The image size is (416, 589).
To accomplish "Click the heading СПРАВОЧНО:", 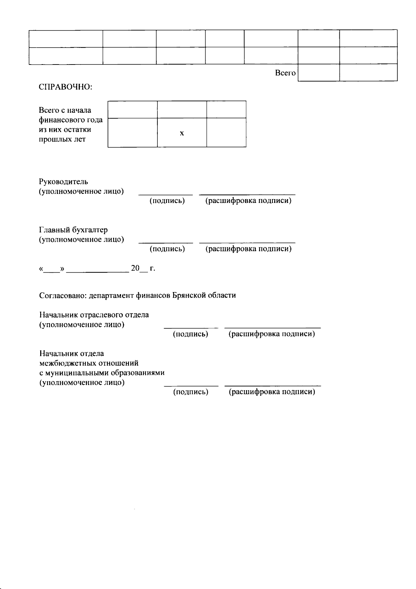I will (65, 87).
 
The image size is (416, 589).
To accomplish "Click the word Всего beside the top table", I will (285, 73).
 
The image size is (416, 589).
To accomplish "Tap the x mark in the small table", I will (182, 133).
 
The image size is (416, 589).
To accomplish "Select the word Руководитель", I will (63, 182).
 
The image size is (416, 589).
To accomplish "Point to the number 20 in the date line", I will (135, 268).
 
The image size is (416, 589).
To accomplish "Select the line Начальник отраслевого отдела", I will (94, 315).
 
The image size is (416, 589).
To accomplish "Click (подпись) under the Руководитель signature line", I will (167, 201).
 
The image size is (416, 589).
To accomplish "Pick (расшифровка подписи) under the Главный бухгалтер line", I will (248, 249).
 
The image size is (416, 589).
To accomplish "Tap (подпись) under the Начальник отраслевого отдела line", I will (190, 334).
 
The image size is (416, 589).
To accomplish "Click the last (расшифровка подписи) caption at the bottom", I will (272, 392).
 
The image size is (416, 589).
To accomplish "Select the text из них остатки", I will (65, 130).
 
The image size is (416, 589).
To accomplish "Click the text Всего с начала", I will (65, 110).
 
